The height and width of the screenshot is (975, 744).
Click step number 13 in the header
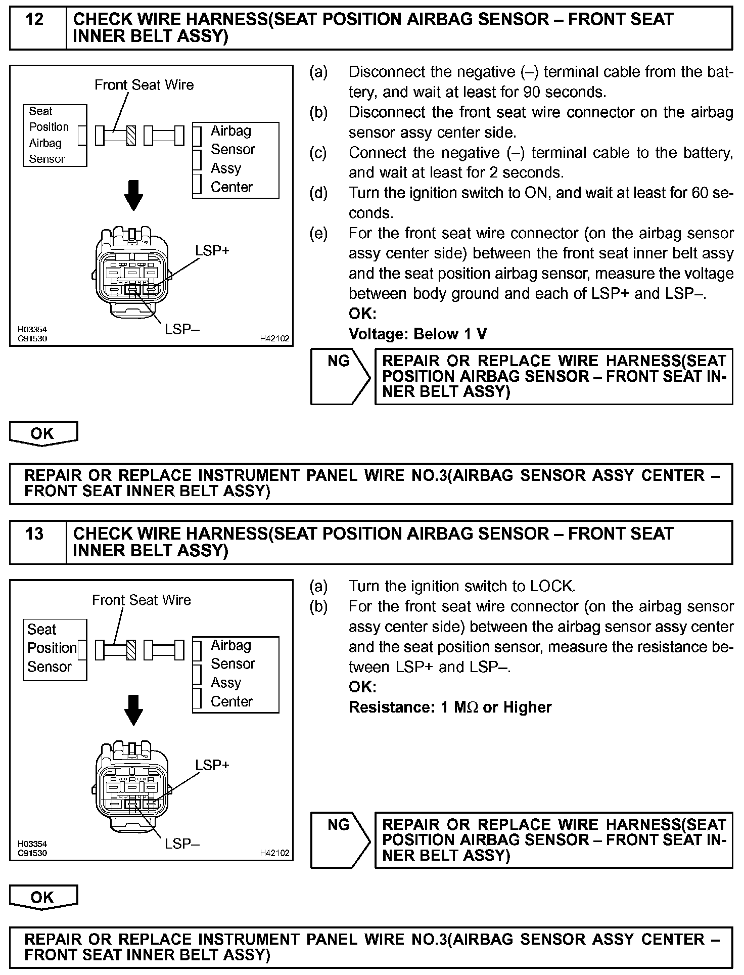click(x=34, y=535)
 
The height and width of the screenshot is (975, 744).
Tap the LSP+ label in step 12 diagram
click(x=212, y=250)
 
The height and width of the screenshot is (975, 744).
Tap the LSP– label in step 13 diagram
click(x=182, y=844)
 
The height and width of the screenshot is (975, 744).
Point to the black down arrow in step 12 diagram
click(x=133, y=195)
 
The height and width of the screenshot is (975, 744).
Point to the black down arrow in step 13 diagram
click(x=133, y=710)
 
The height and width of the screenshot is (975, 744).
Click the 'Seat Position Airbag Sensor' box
click(x=55, y=135)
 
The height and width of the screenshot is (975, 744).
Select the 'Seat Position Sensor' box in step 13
click(x=55, y=649)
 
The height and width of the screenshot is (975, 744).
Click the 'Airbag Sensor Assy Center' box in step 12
click(x=236, y=160)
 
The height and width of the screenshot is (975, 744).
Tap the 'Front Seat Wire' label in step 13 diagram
click(x=142, y=600)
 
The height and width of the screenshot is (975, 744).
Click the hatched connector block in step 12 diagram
click(x=131, y=136)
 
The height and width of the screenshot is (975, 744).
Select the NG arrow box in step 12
click(x=340, y=376)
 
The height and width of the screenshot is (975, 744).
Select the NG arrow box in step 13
click(x=340, y=840)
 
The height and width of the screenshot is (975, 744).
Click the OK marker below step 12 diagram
click(x=43, y=433)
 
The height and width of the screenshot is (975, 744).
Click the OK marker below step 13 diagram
click(x=43, y=897)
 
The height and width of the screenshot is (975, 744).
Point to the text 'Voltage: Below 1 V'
click(x=417, y=334)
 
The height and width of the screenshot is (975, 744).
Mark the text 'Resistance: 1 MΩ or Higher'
click(x=450, y=707)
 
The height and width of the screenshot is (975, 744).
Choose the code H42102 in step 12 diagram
click(x=274, y=339)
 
